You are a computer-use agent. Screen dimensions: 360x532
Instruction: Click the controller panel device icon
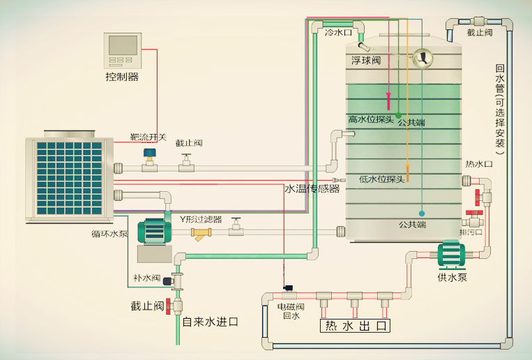[122, 50]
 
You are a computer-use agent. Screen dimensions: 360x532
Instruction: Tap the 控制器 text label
[122, 77]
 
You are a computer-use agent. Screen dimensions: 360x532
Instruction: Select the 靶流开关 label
[149, 137]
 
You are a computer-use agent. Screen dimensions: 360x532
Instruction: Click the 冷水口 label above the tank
[338, 33]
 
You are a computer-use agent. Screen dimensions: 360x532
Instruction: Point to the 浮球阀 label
[366, 61]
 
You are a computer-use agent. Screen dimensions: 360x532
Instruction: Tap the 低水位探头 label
[381, 179]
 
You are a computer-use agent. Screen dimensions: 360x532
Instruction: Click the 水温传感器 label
[312, 188]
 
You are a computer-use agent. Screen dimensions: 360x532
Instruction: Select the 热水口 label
[479, 164]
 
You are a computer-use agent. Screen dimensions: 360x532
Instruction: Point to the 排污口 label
[471, 232]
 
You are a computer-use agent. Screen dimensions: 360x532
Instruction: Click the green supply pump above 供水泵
[451, 255]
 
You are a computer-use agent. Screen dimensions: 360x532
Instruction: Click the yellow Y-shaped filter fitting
[203, 234]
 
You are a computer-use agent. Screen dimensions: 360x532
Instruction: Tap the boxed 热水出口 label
[355, 326]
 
